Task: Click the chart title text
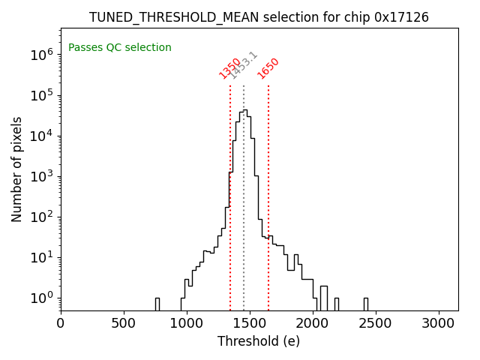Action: [x=259, y=17]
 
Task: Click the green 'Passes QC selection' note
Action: [x=120, y=47]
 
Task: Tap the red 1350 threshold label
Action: [x=229, y=68]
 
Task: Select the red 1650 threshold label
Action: [x=268, y=68]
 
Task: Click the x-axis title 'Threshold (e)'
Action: [x=259, y=341]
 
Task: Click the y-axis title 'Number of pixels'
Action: [x=17, y=169]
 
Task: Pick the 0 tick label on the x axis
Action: [x=61, y=322]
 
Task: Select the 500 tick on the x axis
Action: [x=124, y=322]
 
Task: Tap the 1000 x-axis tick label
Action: [x=187, y=322]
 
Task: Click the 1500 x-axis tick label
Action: [x=250, y=322]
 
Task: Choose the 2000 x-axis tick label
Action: [x=313, y=322]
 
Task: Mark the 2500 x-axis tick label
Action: [x=376, y=322]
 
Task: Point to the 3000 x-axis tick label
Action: [x=439, y=322]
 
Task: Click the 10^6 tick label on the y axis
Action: [x=41, y=55]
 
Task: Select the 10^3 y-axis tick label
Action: [x=41, y=176]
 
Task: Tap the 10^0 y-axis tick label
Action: [x=41, y=298]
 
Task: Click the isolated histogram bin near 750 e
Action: [x=157, y=304]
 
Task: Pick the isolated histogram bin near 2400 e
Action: [x=365, y=304]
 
